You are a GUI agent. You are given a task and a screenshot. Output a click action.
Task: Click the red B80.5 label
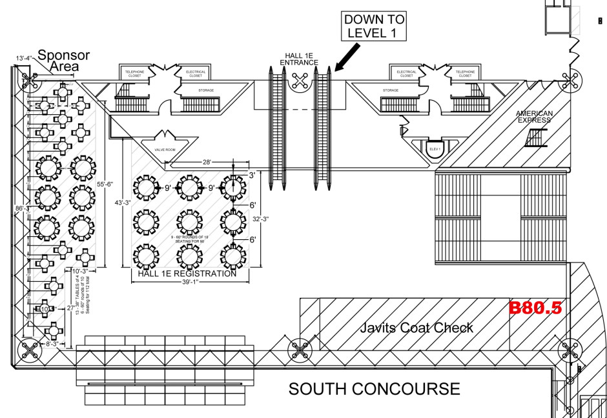tap(535, 308)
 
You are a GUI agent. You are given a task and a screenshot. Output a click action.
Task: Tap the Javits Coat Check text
tap(416, 327)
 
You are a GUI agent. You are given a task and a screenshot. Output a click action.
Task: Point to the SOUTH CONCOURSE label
tap(374, 389)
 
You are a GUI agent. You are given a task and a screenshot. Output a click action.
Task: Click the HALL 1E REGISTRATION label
tap(187, 274)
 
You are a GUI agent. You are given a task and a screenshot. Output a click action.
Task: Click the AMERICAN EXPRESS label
tap(533, 117)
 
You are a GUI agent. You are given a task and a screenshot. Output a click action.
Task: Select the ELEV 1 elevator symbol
tap(435, 148)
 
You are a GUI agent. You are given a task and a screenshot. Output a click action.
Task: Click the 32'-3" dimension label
tap(260, 219)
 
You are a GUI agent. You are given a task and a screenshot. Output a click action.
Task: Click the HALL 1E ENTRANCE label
tap(299, 59)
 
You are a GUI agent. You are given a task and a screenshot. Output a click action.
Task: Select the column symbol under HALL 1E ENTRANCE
tap(299, 81)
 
